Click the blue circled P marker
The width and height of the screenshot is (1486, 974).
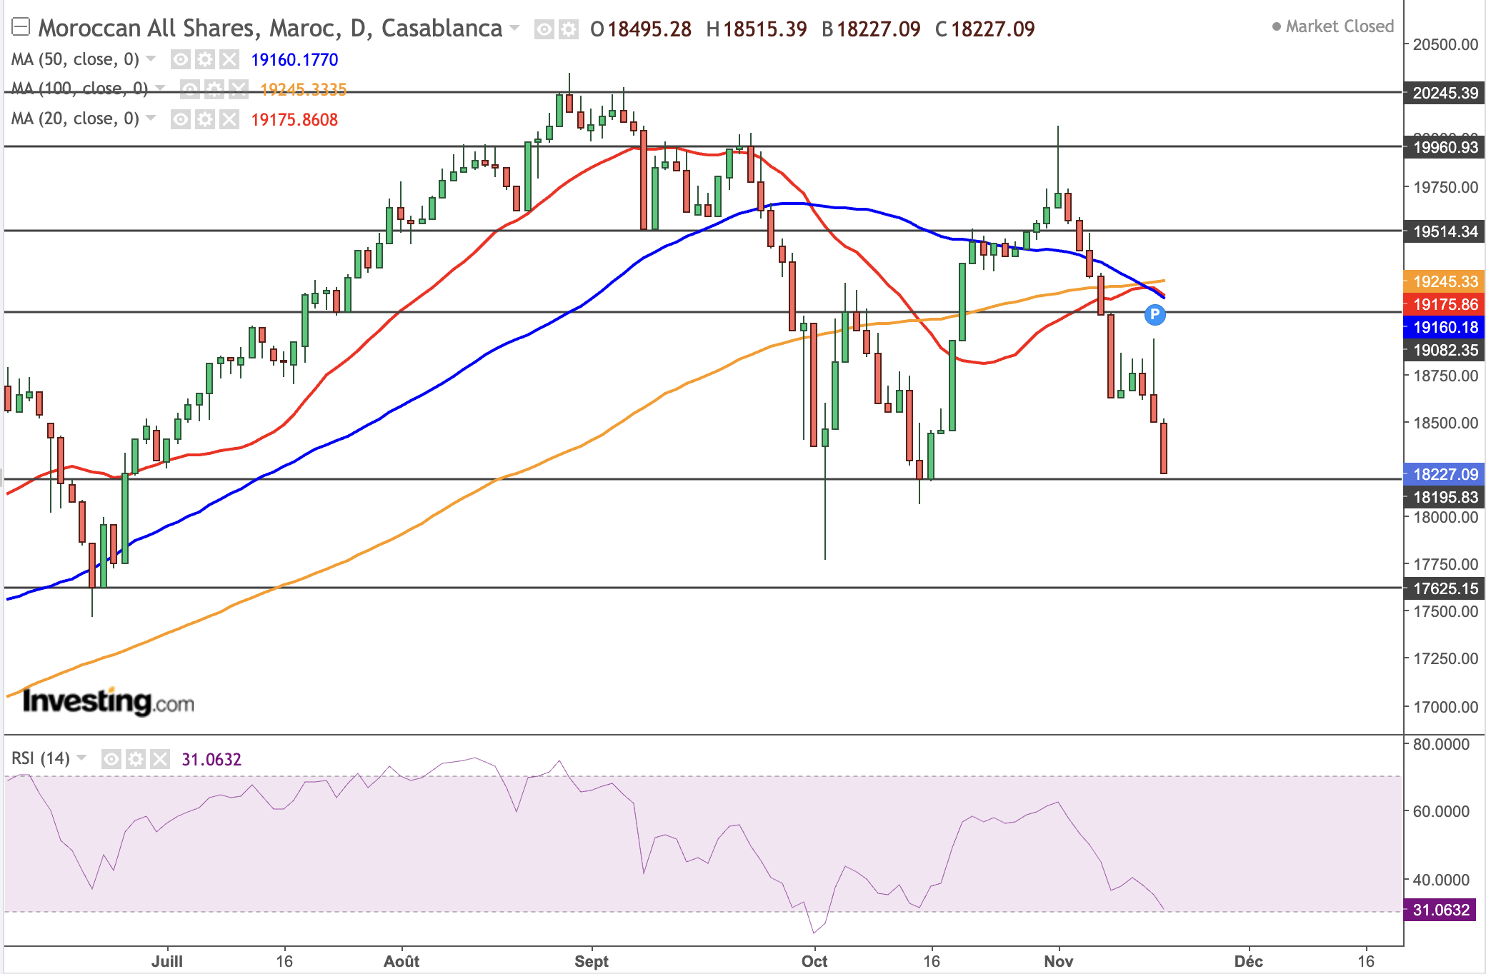coord(1155,314)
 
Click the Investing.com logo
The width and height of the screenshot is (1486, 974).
coord(108,701)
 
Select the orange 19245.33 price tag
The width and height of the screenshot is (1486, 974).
coord(1445,281)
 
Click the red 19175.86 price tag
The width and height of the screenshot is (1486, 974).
coord(1445,304)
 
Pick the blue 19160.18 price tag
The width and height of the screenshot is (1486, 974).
coord(1445,327)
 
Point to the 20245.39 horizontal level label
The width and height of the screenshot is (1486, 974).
coord(1445,93)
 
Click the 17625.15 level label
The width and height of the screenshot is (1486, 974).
coord(1445,588)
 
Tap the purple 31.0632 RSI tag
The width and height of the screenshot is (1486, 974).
coord(1440,910)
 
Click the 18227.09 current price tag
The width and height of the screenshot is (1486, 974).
coord(1445,474)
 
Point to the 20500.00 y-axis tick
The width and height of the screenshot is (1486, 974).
coord(1445,44)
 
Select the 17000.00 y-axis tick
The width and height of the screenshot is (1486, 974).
coord(1445,707)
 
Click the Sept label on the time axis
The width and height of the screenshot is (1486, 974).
coord(592,961)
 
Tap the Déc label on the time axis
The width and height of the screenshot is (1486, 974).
coord(1248,961)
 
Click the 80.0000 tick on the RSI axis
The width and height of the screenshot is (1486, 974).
coord(1440,744)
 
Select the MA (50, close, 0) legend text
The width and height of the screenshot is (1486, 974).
coord(75,59)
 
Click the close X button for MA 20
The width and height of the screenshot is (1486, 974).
coord(229,119)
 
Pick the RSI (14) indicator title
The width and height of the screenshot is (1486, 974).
coord(41,758)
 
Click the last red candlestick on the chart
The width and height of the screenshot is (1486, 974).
coord(1164,448)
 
